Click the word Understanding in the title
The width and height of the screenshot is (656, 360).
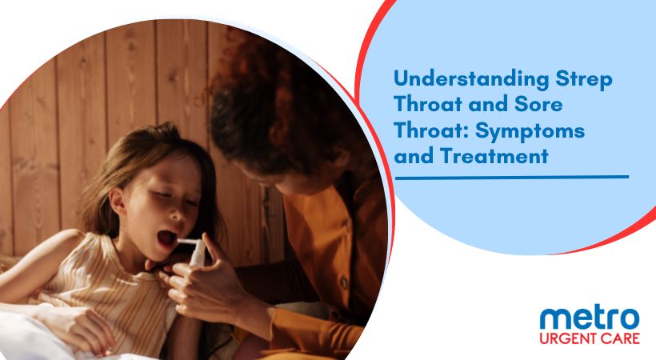[471, 79]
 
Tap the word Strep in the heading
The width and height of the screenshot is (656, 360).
[584, 80]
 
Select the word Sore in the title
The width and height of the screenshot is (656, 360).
[538, 104]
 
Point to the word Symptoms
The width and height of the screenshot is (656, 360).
[530, 131]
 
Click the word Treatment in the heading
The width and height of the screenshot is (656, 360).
[494, 156]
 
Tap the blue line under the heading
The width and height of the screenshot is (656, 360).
[512, 177]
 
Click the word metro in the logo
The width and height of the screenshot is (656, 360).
[590, 318]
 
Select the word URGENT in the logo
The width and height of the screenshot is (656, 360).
[568, 338]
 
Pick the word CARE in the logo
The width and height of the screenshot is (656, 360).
[620, 338]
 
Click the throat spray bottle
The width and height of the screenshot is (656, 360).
[195, 251]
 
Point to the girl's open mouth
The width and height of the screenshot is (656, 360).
[166, 238]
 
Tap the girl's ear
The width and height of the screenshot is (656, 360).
[118, 200]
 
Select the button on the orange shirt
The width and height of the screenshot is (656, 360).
[344, 282]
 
